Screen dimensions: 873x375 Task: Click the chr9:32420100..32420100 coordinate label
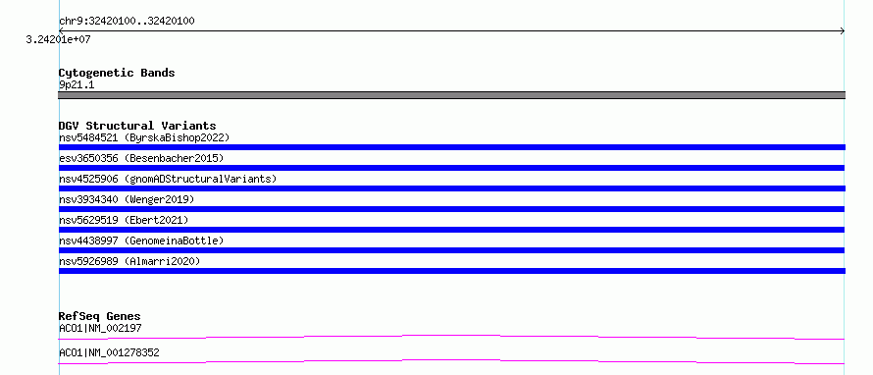pyautogui.click(x=127, y=22)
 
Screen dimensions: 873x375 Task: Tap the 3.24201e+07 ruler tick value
pyautogui.click(x=59, y=40)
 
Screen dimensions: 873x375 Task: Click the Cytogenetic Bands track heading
pyautogui.click(x=117, y=73)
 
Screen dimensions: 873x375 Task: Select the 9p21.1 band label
pyautogui.click(x=77, y=84)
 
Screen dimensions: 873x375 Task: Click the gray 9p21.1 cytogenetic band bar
pyautogui.click(x=451, y=95)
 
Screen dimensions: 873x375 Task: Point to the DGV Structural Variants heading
pyautogui.click(x=137, y=126)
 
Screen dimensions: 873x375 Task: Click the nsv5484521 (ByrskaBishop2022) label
pyautogui.click(x=144, y=137)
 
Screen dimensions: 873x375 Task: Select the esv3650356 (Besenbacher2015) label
pyautogui.click(x=141, y=158)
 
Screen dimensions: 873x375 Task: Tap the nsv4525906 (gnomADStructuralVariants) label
pyautogui.click(x=168, y=179)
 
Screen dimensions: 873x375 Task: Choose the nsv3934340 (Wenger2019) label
pyautogui.click(x=127, y=199)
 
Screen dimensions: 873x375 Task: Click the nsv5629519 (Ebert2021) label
pyautogui.click(x=124, y=220)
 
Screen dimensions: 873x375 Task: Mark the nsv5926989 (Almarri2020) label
pyautogui.click(x=129, y=261)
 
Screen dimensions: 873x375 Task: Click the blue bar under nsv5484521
pyautogui.click(x=451, y=147)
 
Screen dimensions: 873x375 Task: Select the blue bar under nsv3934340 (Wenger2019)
pyautogui.click(x=451, y=209)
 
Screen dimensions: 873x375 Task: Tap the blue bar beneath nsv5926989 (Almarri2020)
pyautogui.click(x=451, y=271)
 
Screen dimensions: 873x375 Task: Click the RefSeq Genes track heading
pyautogui.click(x=100, y=316)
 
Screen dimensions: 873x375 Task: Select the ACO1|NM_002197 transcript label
pyautogui.click(x=100, y=328)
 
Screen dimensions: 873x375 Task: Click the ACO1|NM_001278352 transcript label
pyautogui.click(x=109, y=352)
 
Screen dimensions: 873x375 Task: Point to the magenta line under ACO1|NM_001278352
pyautogui.click(x=451, y=360)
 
